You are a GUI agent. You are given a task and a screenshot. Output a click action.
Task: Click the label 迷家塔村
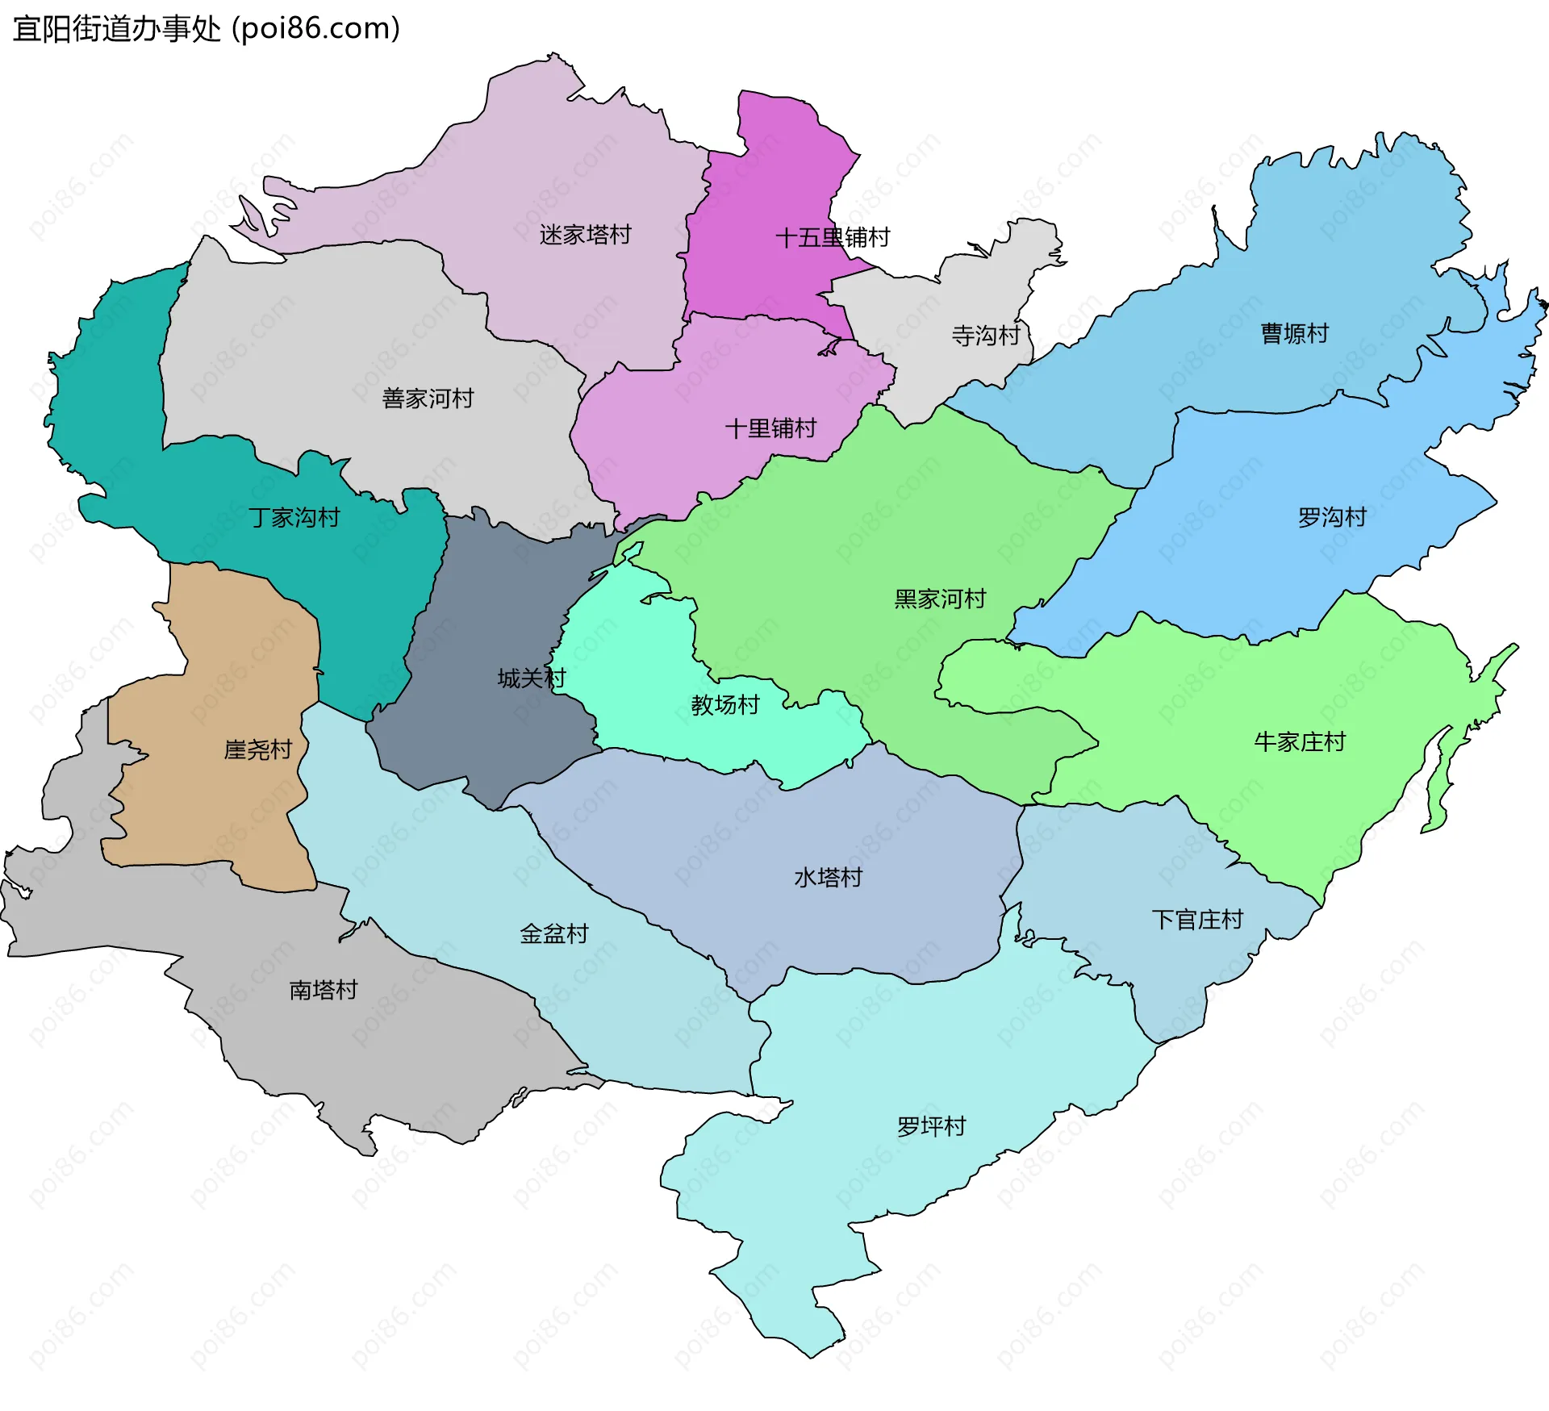pos(585,235)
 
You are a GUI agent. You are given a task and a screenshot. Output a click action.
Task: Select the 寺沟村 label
pos(985,335)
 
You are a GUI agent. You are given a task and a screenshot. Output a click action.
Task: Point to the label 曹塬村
pos(1294,333)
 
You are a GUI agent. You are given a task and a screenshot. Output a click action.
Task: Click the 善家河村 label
pos(428,399)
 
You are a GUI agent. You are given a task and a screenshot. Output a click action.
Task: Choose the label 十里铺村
pos(770,428)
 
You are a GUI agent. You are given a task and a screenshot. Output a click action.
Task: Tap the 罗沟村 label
pos(1332,517)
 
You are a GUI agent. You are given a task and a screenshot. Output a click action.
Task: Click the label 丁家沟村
pos(294,517)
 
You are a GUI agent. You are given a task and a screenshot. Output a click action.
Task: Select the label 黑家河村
pos(940,599)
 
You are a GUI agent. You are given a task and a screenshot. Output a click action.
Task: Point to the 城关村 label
pos(532,678)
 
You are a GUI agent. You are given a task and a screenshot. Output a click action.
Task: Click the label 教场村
pos(725,705)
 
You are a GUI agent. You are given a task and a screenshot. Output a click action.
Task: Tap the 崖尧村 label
pos(257,749)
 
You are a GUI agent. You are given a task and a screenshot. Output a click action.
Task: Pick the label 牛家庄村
pos(1300,741)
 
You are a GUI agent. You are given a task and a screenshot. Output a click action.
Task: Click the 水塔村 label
pos(829,878)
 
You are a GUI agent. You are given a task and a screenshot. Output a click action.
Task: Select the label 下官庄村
pos(1197,920)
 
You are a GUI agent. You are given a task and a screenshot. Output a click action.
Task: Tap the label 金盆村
pos(554,934)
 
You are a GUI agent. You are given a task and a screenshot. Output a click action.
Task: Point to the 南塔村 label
pos(324,990)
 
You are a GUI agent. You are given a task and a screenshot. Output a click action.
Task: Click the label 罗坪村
pos(932,1126)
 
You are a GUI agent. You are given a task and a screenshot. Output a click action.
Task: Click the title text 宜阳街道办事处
pos(116,29)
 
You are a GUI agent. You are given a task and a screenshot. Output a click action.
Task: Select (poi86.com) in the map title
pos(316,29)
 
